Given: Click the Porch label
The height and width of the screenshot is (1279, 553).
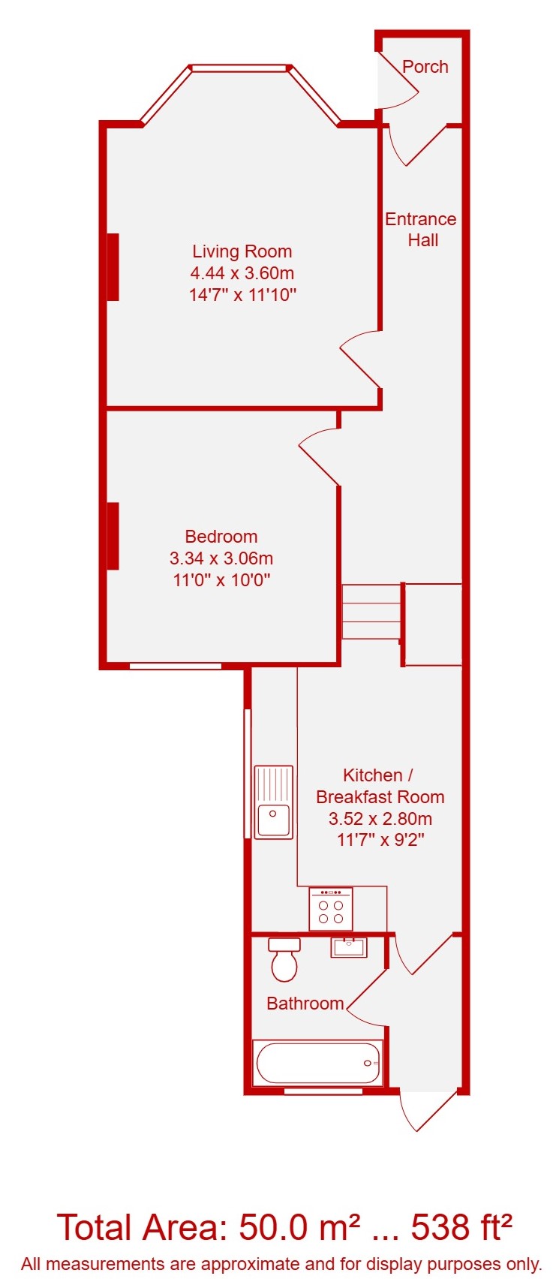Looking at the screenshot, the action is pos(425,67).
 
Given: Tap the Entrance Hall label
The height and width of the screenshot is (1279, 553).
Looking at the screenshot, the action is pos(421,230).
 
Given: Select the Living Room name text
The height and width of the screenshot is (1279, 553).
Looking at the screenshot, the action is pos(242,251).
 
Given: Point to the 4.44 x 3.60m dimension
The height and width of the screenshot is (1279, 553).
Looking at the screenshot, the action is pos(242,273).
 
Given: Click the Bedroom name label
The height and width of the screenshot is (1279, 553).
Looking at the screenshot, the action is pos(221,536).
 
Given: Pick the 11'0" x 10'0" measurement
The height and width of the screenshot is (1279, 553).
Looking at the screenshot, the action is pos(221,580).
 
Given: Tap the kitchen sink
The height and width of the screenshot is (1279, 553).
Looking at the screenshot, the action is pos(274,802).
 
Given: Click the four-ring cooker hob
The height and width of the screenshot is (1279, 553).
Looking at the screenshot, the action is pos(331,908).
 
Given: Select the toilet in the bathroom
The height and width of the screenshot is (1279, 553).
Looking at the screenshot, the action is pos(284,959).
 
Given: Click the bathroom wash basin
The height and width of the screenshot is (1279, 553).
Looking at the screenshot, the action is pos(349,947).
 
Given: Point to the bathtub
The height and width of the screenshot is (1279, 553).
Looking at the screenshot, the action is pos(318,1063).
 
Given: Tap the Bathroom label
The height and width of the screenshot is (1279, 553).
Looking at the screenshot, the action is pos(305,1004).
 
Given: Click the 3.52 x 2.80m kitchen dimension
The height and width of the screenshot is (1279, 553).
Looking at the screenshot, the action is pos(380,819).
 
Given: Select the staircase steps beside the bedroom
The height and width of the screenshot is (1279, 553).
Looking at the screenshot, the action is pos(371,612).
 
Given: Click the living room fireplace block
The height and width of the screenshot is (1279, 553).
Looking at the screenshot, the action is pos(113,266).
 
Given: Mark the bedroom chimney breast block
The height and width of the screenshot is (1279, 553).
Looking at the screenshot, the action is pos(113,536).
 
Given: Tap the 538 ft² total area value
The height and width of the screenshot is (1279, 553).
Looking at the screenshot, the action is pos(461,1227).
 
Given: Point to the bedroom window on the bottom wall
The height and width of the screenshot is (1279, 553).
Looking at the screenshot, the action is pos(175,666).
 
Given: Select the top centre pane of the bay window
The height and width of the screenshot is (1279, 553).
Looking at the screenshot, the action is pos(239,68).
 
